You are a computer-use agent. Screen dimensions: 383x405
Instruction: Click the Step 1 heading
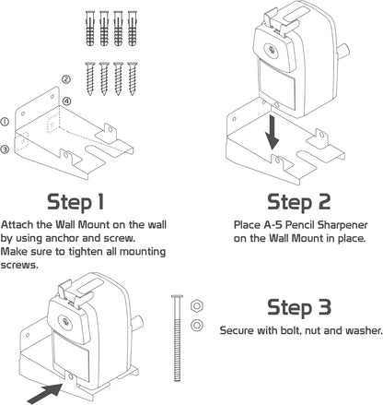(x=75, y=203)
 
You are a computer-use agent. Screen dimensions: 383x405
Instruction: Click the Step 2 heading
(x=298, y=203)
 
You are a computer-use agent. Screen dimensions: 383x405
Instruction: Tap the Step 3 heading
(x=299, y=307)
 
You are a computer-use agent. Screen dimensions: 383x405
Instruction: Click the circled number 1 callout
(x=5, y=122)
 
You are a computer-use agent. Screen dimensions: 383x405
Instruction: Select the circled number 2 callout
(x=66, y=79)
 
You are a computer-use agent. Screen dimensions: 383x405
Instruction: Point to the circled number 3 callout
(x=5, y=149)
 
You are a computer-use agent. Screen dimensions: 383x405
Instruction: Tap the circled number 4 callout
(x=66, y=101)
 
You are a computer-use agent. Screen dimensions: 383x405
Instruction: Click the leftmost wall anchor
(x=90, y=29)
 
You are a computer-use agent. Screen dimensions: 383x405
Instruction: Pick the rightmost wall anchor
(x=133, y=29)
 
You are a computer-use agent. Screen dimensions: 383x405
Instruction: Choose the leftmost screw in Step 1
(x=90, y=78)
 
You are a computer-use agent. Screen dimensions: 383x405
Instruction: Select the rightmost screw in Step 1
(x=133, y=78)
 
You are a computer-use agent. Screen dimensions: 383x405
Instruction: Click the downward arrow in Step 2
(x=272, y=133)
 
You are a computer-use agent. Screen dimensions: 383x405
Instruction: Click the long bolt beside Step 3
(x=178, y=338)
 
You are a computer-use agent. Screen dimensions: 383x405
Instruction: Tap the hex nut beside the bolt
(x=197, y=306)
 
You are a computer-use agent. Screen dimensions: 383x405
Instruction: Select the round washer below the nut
(x=197, y=325)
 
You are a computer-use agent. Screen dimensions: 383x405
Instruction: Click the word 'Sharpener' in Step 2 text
(x=342, y=225)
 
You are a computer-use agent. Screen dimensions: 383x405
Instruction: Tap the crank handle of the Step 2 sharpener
(x=342, y=51)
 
